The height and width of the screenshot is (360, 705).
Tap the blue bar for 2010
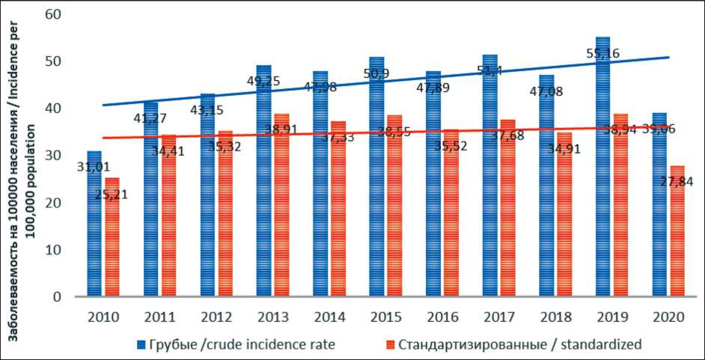coord(94,225)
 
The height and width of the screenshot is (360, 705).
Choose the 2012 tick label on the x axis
coord(216,317)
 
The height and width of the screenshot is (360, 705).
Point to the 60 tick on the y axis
coord(53,14)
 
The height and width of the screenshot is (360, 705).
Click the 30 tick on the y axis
coord(53,156)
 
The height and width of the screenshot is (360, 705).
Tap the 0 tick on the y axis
coord(58,296)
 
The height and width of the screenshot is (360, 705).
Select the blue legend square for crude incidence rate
coord(141,345)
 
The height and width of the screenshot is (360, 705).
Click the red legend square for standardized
coord(389,345)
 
